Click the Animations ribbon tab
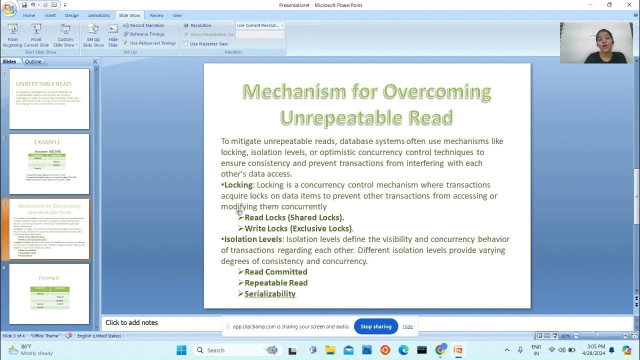click(98, 15)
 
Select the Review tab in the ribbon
click(156, 15)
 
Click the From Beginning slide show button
click(12, 35)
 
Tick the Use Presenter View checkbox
click(186, 44)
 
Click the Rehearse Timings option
click(147, 34)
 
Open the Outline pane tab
click(33, 61)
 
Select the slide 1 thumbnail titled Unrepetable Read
click(49, 99)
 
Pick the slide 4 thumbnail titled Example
click(49, 294)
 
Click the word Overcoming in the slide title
click(436, 91)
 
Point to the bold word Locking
click(238, 185)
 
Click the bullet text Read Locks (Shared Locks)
click(294, 217)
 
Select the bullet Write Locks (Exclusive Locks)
click(298, 228)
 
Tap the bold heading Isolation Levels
click(253, 239)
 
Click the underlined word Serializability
click(270, 294)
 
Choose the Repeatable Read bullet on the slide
click(276, 283)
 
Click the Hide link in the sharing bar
click(407, 326)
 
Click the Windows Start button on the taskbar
click(181, 350)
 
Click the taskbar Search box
click(235, 350)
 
